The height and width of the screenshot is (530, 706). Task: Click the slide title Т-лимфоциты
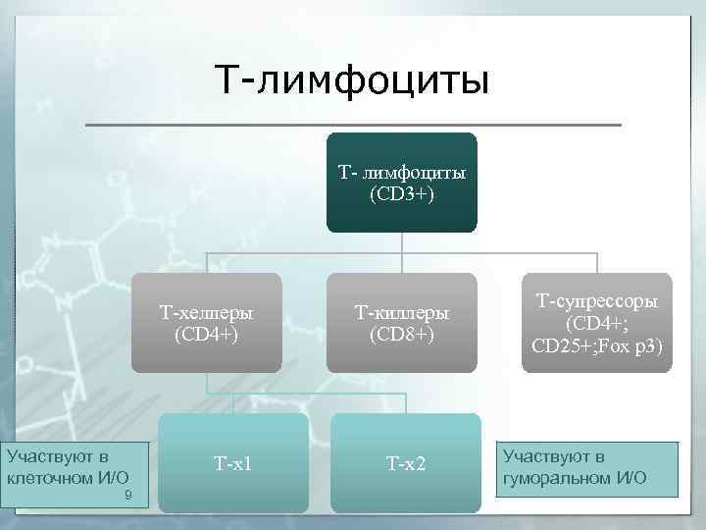[352, 79]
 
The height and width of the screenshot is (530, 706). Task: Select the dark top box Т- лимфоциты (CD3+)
[402, 183]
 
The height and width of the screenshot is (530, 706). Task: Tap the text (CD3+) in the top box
[402, 194]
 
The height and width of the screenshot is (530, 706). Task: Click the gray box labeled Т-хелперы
[207, 323]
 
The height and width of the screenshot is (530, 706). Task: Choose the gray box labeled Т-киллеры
[402, 323]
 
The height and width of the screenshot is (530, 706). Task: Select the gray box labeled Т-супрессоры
[597, 323]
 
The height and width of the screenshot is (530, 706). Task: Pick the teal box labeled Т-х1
[233, 462]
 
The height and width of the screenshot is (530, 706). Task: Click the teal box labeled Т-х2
[406, 462]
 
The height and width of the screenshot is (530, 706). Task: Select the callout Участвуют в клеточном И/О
[74, 474]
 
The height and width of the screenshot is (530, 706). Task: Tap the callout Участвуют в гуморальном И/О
[587, 468]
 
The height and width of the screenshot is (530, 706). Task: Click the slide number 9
[127, 498]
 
